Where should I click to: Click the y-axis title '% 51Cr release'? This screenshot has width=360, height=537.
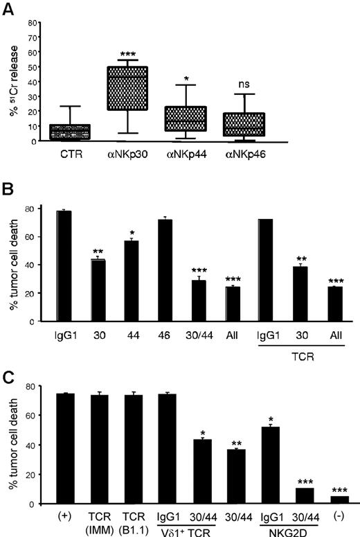[x=10, y=81]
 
